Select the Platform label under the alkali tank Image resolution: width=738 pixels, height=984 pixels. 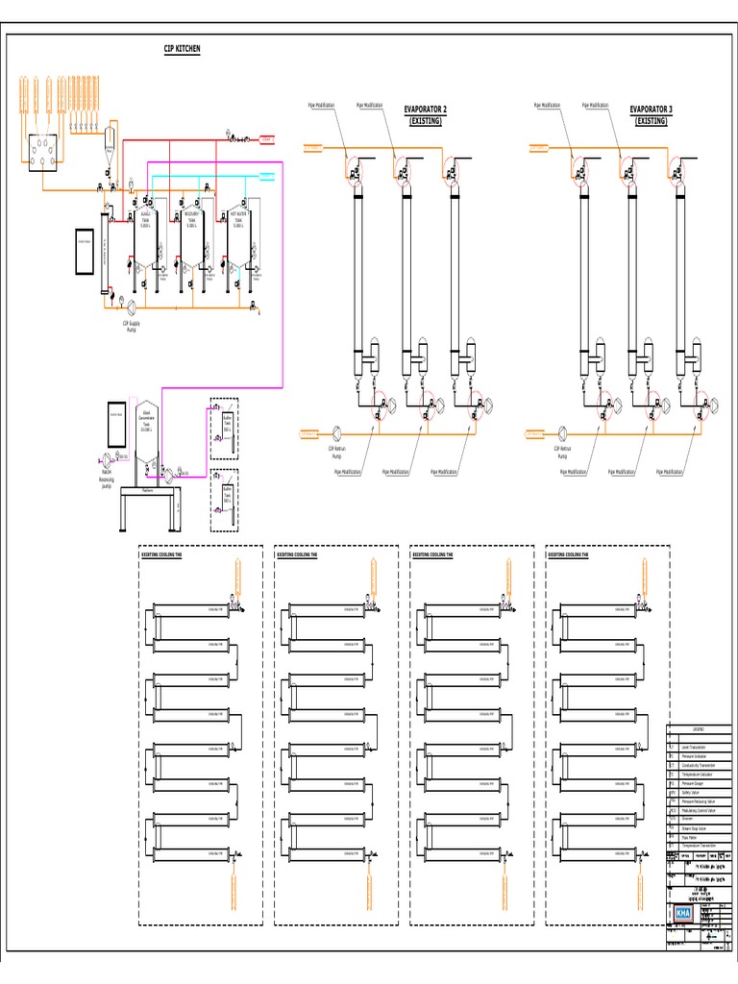[x=148, y=489]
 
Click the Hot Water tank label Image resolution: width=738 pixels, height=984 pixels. [x=237, y=219]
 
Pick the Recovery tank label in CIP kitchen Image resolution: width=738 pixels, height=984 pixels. [x=190, y=219]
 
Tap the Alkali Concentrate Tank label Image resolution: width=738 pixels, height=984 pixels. [x=146, y=421]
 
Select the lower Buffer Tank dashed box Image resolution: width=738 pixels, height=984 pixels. [x=225, y=498]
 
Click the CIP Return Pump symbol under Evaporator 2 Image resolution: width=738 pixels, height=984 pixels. [x=337, y=432]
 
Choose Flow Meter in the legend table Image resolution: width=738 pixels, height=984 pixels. [x=693, y=836]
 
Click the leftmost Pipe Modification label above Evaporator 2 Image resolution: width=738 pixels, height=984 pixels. [x=321, y=104]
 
